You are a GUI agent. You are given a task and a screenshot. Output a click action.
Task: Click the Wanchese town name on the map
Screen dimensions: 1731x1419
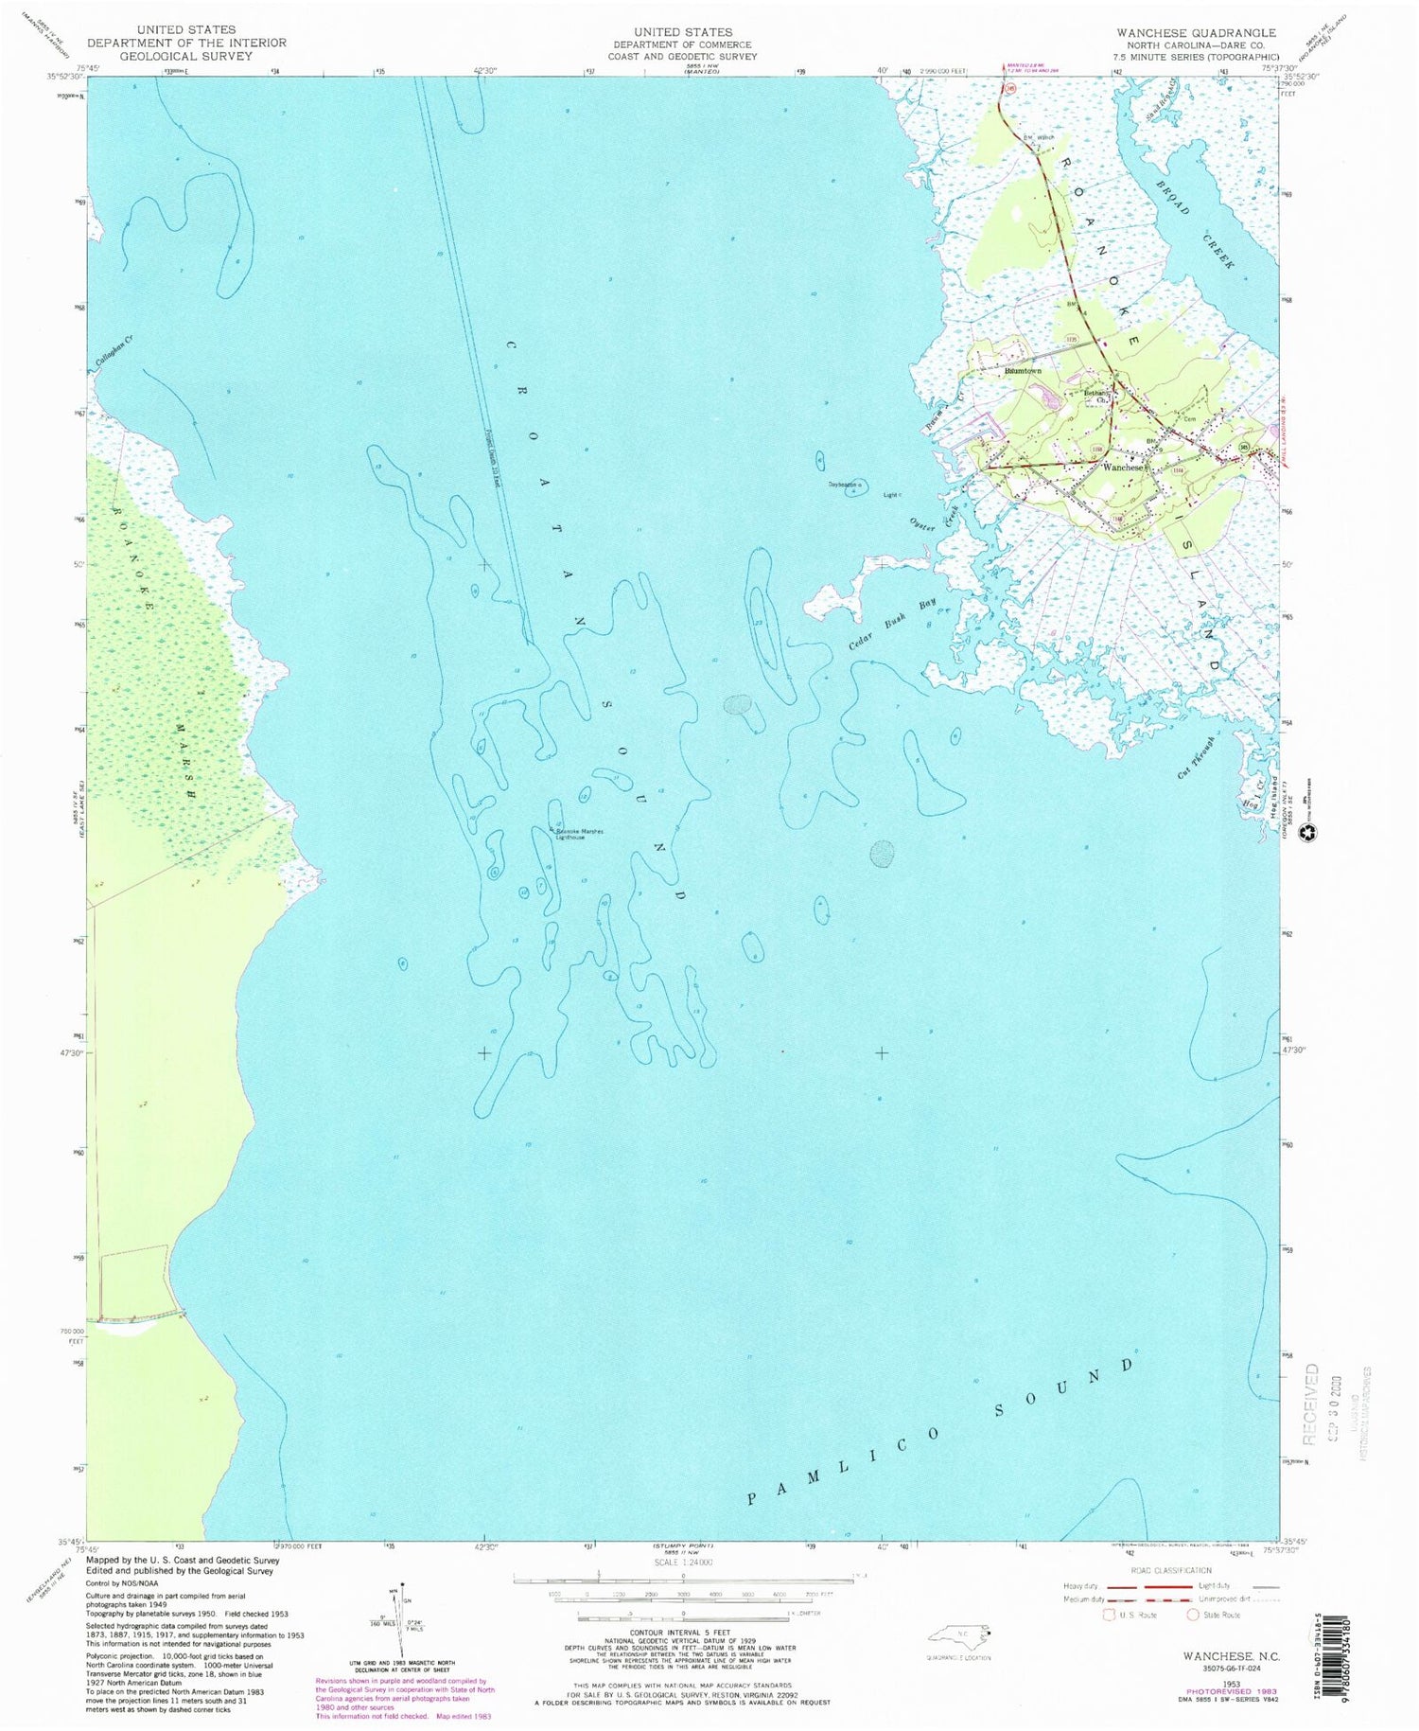click(1124, 468)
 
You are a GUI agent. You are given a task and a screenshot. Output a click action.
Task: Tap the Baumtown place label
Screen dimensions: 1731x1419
click(1022, 371)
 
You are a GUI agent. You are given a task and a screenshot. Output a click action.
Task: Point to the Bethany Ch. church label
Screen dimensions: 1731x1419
click(1095, 397)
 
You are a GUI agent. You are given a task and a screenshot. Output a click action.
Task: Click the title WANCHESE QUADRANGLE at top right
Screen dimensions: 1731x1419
click(1196, 32)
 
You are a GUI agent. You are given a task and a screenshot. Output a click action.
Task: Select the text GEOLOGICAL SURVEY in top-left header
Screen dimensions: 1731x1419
click(186, 57)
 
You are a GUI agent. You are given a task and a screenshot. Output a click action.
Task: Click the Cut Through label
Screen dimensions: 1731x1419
click(1196, 757)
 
